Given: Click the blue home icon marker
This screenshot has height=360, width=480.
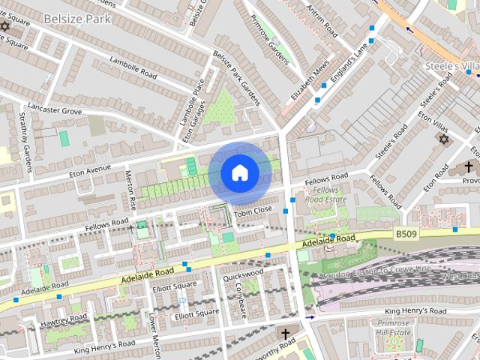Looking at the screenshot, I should [x=239, y=173].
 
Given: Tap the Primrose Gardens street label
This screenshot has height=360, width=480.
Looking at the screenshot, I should [x=270, y=42].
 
